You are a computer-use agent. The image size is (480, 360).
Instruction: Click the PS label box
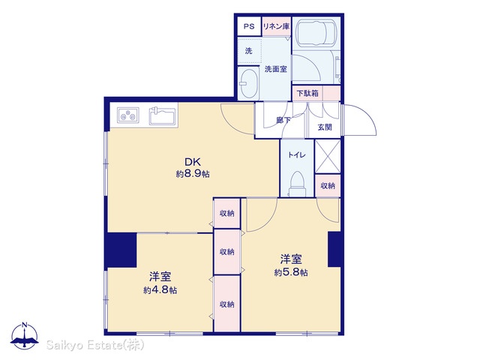pos(249,26)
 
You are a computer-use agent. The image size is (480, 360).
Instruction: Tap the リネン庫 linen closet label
pos(277,26)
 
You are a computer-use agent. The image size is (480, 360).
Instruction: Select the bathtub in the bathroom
pos(316,33)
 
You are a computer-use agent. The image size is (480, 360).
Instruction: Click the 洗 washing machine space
pos(250,51)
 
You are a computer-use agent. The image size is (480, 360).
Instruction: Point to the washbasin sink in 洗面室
pos(248,83)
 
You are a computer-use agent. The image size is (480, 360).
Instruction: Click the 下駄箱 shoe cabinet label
pos(308,93)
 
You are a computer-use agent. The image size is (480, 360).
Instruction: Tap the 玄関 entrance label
pos(325,127)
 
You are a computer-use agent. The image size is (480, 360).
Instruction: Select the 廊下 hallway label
pos(283,120)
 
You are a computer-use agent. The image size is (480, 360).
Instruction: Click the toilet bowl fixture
pos(297,183)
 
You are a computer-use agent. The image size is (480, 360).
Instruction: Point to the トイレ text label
pos(297,155)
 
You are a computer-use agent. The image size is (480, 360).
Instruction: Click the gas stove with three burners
pos(128,115)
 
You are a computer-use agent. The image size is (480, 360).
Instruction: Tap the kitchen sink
pos(163,116)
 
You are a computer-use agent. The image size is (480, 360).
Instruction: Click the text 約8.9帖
pos(193,174)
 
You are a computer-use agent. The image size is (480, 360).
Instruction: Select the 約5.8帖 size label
pos(291,272)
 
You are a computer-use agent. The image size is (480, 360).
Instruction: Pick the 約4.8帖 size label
pos(160,290)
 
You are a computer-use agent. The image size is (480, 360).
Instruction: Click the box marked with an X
pos(328,156)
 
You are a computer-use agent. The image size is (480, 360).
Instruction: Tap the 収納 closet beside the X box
pos(328,185)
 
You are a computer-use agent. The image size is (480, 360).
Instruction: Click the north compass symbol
pos(25,335)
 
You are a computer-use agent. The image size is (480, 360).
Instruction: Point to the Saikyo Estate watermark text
pos(95,345)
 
